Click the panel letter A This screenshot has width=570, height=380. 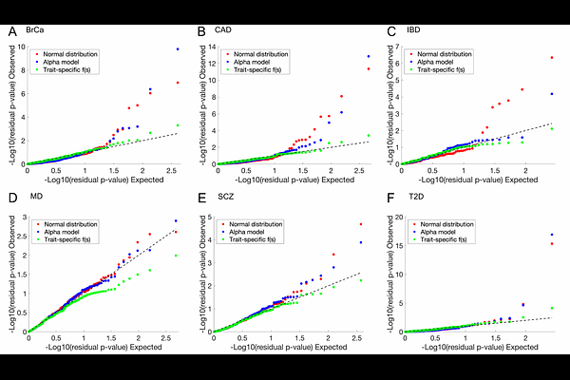tap(11, 32)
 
